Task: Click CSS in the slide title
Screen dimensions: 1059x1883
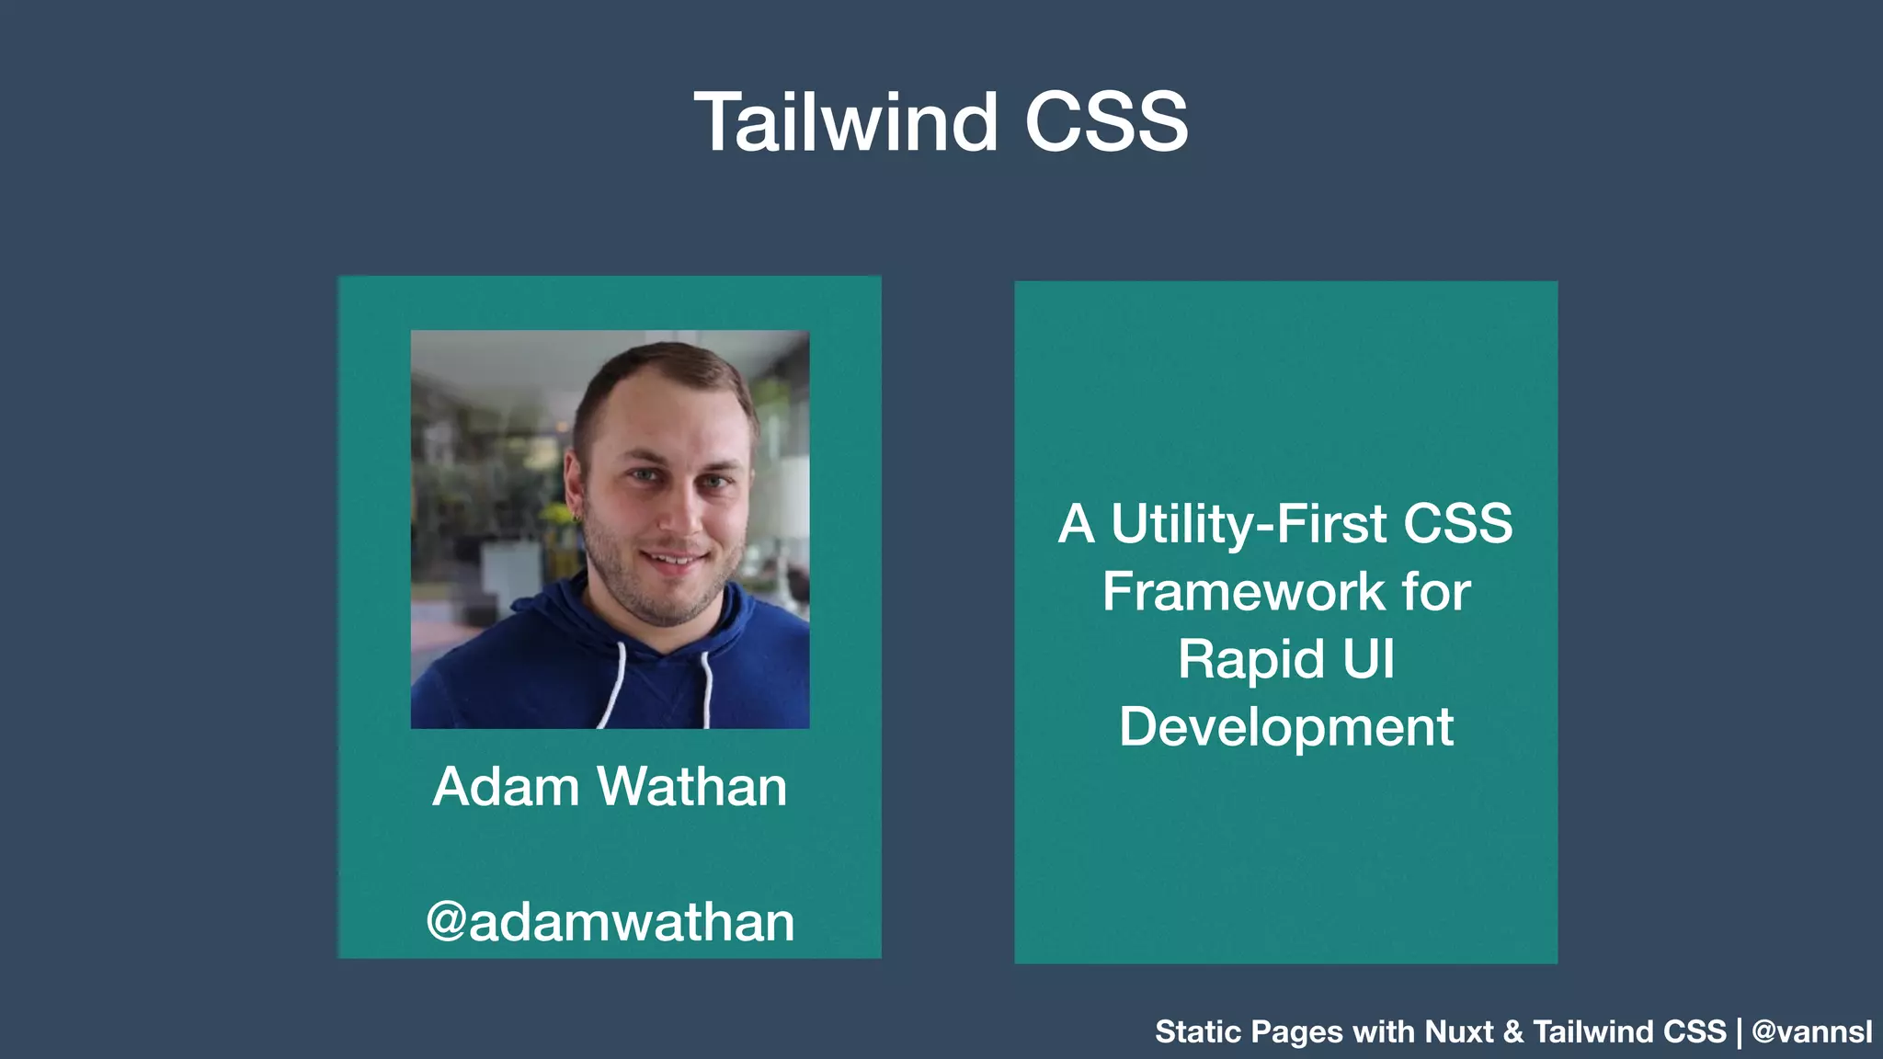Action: (1106, 122)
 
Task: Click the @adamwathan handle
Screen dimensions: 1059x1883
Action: (610, 921)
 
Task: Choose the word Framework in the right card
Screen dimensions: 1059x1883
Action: (1242, 591)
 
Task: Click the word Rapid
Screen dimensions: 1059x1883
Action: (1250, 660)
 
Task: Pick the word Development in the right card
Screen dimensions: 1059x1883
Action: (1285, 727)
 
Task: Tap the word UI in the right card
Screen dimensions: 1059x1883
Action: (1369, 659)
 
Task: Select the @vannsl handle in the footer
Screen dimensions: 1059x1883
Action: (1811, 1031)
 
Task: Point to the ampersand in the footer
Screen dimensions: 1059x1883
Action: (1512, 1031)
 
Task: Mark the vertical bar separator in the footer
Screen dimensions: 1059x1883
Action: (1739, 1032)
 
